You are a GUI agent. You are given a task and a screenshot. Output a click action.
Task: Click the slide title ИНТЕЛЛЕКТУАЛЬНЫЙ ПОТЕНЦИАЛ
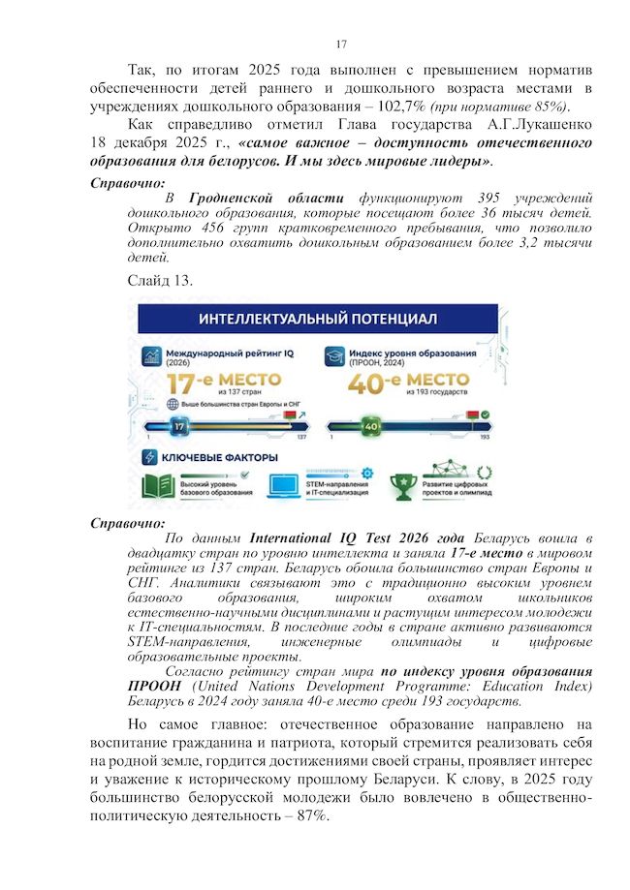tap(318, 319)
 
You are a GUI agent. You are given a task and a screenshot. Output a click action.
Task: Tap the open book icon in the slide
tap(158, 486)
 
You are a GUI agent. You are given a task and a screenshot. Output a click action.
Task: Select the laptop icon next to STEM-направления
tap(282, 485)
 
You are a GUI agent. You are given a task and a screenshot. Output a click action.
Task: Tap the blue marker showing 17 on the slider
tap(178, 425)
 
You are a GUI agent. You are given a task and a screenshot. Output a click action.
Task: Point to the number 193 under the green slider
tap(485, 439)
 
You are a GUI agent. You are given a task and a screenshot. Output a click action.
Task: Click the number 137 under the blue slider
tap(300, 439)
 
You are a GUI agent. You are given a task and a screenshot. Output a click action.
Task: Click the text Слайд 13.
tap(160, 281)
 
